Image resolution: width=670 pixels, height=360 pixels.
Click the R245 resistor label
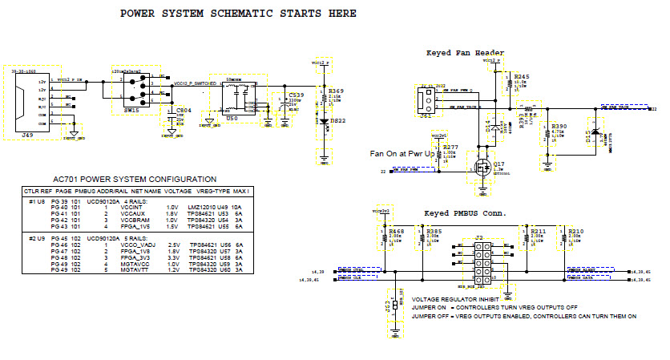click(522, 76)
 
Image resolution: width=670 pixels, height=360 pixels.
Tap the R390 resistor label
click(559, 127)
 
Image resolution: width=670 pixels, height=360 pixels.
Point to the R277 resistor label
click(450, 147)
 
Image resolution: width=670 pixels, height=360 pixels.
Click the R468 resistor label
click(395, 231)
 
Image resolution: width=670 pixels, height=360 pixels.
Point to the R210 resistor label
click(575, 231)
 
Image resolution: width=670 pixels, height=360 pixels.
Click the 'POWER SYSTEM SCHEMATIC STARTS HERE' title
click(238, 14)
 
